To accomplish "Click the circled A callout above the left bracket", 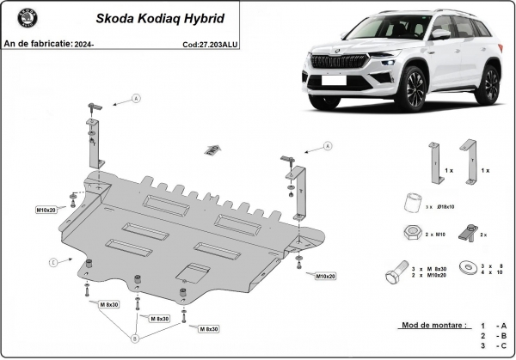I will coord(136,100).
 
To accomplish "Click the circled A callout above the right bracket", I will coord(329,148).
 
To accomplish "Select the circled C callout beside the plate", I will coord(53,261).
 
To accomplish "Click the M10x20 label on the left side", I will coord(46,210).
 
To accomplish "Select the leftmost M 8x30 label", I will coord(109,305).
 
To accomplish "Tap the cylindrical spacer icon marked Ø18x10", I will coord(411,204).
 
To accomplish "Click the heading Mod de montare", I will coord(433,326).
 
